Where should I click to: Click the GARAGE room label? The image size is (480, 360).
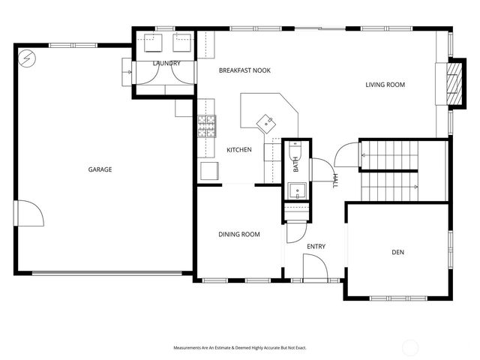100,169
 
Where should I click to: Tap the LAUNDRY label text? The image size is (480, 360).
166,64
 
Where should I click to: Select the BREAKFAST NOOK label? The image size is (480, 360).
244,70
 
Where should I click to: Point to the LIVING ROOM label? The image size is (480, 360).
385,85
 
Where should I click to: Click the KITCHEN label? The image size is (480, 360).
238,150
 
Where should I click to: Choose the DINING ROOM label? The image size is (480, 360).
239,235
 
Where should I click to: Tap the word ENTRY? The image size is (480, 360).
316,246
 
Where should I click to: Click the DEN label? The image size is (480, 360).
397,253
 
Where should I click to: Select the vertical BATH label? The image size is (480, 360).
296,164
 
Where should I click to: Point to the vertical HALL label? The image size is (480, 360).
335,181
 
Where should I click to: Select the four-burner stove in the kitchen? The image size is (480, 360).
206,127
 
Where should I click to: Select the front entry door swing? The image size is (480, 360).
313,266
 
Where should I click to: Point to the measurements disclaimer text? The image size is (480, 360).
240,348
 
